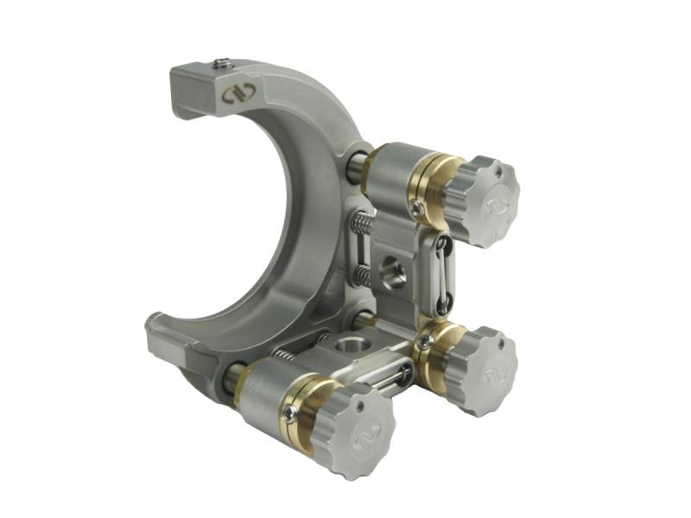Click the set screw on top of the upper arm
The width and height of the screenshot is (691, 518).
[x=223, y=63]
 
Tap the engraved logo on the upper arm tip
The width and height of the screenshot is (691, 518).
[x=231, y=92]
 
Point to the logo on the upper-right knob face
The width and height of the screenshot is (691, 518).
[x=493, y=205]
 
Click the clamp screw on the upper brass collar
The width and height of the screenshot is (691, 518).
[x=418, y=209]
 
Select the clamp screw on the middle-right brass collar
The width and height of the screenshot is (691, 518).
[x=424, y=343]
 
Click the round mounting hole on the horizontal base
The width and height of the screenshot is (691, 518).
[x=350, y=346]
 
